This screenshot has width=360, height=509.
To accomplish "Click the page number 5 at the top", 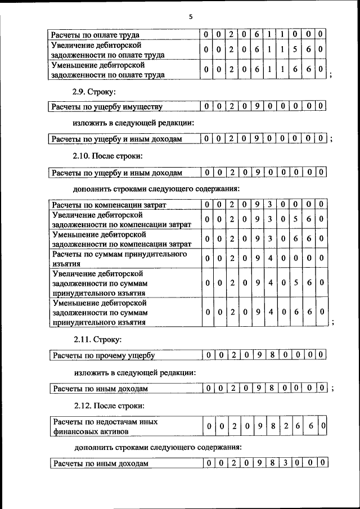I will point(191,17).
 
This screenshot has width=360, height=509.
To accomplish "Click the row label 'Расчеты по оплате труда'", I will point(95,35).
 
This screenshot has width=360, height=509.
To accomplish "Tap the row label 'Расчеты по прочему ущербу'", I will point(103,355).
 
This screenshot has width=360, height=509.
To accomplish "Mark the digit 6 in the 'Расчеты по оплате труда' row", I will point(256,35).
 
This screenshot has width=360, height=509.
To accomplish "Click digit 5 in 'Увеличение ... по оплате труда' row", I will point(295,49).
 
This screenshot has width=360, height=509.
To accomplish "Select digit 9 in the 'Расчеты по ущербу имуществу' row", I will point(256,106).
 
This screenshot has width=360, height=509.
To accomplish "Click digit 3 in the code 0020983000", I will point(285,463).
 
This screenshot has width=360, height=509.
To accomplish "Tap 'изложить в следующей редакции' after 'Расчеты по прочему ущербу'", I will point(134,372).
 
